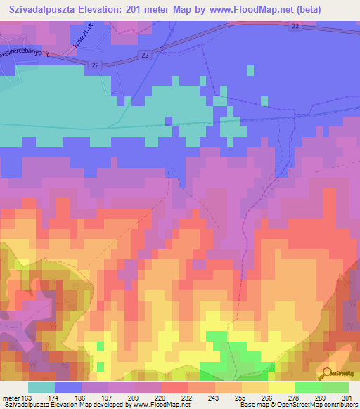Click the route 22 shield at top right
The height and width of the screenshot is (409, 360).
click(295, 26)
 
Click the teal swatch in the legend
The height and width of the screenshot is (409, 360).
click(41, 387)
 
